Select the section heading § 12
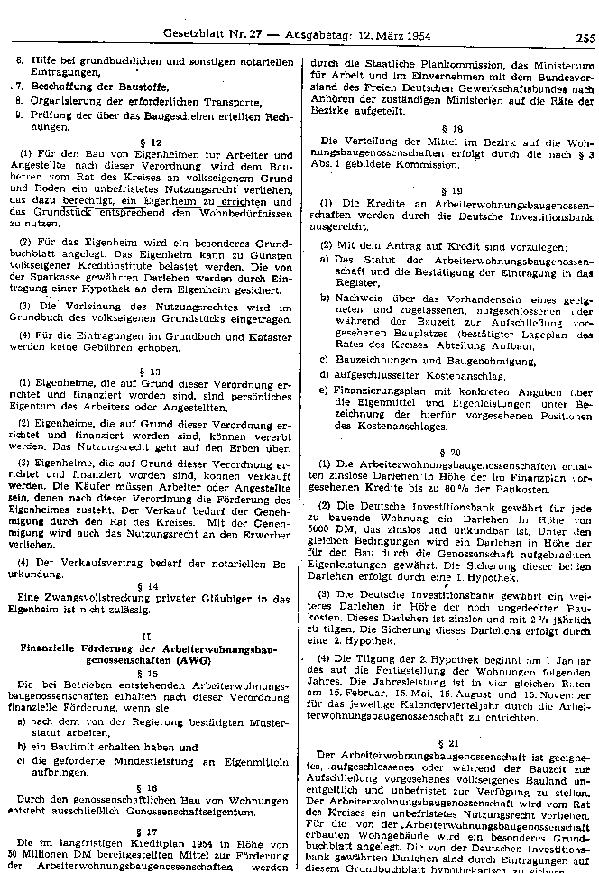[x=154, y=143]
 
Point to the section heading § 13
[x=154, y=371]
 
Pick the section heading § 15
[x=154, y=672]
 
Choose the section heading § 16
[x=154, y=786]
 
